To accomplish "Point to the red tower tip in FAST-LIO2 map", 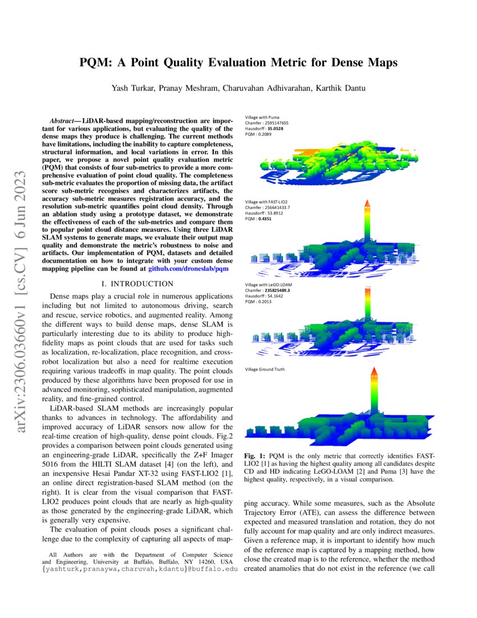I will pos(365,202).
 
